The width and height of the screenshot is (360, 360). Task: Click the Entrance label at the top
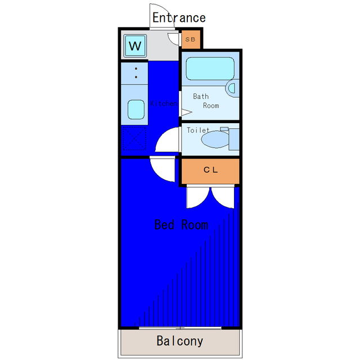(179, 17)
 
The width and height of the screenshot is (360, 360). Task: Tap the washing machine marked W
(135, 46)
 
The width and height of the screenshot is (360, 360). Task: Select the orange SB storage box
(191, 39)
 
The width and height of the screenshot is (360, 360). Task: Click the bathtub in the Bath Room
(210, 69)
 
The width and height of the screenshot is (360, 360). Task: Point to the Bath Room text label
(206, 101)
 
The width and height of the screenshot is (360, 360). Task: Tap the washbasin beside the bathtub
(232, 88)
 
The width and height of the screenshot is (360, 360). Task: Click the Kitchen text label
(164, 103)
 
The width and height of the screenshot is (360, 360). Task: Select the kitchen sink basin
(136, 109)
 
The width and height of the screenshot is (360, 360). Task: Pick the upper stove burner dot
(136, 69)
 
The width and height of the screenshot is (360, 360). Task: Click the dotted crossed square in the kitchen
(134, 138)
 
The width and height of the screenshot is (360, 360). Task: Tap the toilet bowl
(215, 139)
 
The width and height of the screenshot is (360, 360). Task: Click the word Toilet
(198, 130)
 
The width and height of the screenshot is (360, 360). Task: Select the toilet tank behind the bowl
(234, 139)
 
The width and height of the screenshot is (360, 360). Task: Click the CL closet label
(210, 170)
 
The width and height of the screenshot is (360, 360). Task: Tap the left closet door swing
(197, 197)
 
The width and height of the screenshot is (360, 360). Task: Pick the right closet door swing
(223, 197)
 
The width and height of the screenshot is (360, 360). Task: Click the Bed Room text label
(181, 224)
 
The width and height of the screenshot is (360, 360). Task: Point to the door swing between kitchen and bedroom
(163, 170)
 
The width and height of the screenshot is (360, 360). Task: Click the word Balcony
(180, 341)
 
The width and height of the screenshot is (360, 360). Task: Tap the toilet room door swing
(167, 139)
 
